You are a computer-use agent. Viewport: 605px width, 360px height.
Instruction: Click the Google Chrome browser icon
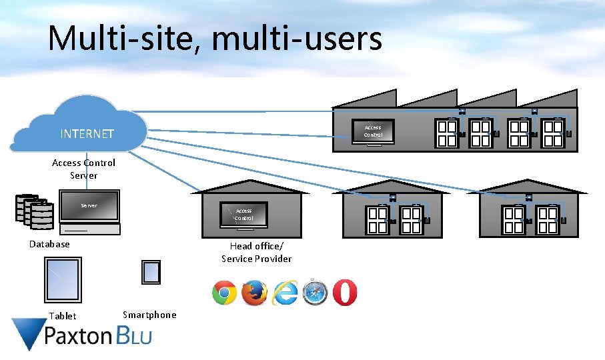coord(224,293)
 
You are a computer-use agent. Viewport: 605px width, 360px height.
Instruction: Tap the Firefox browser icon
coord(254,293)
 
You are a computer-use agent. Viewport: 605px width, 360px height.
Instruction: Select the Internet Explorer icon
coord(284,293)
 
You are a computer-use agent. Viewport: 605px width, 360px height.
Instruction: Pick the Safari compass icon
coord(314,293)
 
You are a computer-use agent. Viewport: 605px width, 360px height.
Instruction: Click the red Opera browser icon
coord(344,293)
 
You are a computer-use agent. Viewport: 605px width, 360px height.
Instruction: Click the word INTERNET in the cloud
coord(87,134)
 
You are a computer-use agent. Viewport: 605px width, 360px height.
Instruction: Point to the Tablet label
coord(63,317)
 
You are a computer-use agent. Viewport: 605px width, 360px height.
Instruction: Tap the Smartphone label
coord(149,315)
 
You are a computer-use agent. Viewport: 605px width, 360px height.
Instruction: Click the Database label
coord(49,244)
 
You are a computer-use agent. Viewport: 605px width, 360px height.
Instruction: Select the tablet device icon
coord(63,280)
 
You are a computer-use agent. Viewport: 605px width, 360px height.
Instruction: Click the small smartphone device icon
coord(151,272)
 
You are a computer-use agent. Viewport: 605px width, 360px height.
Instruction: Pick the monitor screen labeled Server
coord(89,206)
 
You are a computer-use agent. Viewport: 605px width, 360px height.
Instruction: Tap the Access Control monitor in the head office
coord(243,214)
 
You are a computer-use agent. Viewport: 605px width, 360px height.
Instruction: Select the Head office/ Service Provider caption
coord(257,253)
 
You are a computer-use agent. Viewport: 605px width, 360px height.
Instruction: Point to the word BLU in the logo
coord(134,335)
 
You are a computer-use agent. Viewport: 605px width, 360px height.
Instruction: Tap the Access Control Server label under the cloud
coord(83,169)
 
